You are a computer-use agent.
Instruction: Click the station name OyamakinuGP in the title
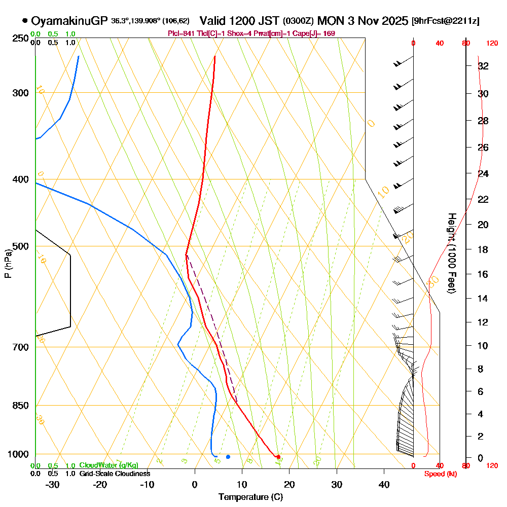pyautogui.click(x=69, y=21)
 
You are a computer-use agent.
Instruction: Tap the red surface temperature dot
pyautogui.click(x=278, y=457)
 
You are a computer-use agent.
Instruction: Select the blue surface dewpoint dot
pyautogui.click(x=228, y=457)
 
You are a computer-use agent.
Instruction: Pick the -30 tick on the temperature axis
pyautogui.click(x=53, y=484)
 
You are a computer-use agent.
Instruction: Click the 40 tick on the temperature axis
pyautogui.click(x=384, y=484)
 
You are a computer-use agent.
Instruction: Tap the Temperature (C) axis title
pyautogui.click(x=250, y=496)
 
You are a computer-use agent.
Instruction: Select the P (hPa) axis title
pyautogui.click(x=8, y=264)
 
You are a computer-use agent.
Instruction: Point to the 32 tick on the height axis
pyautogui.click(x=483, y=66)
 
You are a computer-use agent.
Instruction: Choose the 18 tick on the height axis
pyautogui.click(x=483, y=249)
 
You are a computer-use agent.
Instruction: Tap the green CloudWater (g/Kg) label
pyautogui.click(x=108, y=465)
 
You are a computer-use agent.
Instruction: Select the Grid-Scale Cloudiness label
pyautogui.click(x=114, y=474)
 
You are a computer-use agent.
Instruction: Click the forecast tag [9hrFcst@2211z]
pyautogui.click(x=446, y=21)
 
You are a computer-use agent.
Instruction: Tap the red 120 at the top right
pyautogui.click(x=491, y=43)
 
